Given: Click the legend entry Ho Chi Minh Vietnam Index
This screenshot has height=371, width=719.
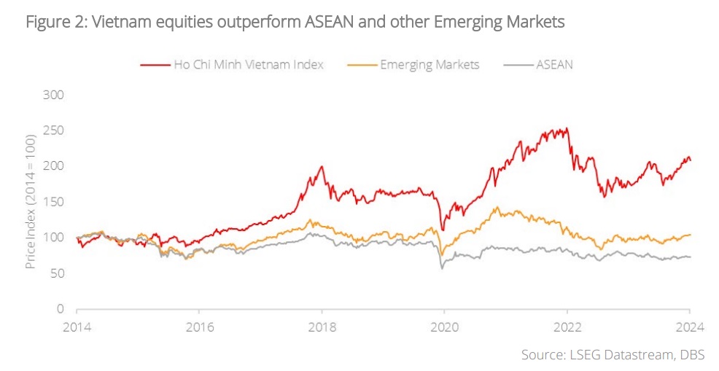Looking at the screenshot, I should tap(248, 64).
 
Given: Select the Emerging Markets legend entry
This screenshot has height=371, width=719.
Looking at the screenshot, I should tap(430, 64).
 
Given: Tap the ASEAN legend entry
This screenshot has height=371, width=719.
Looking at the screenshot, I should tap(554, 64).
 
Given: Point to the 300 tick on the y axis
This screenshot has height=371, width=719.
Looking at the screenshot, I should tap(54, 95).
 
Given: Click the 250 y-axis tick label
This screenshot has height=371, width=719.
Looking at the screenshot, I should tap(54, 130).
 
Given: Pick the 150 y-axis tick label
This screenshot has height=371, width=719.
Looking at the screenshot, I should tap(54, 202).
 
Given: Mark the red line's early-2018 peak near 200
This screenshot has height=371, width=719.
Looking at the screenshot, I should tap(322, 167).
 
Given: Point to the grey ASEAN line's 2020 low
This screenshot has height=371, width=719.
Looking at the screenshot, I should tap(442, 269).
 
